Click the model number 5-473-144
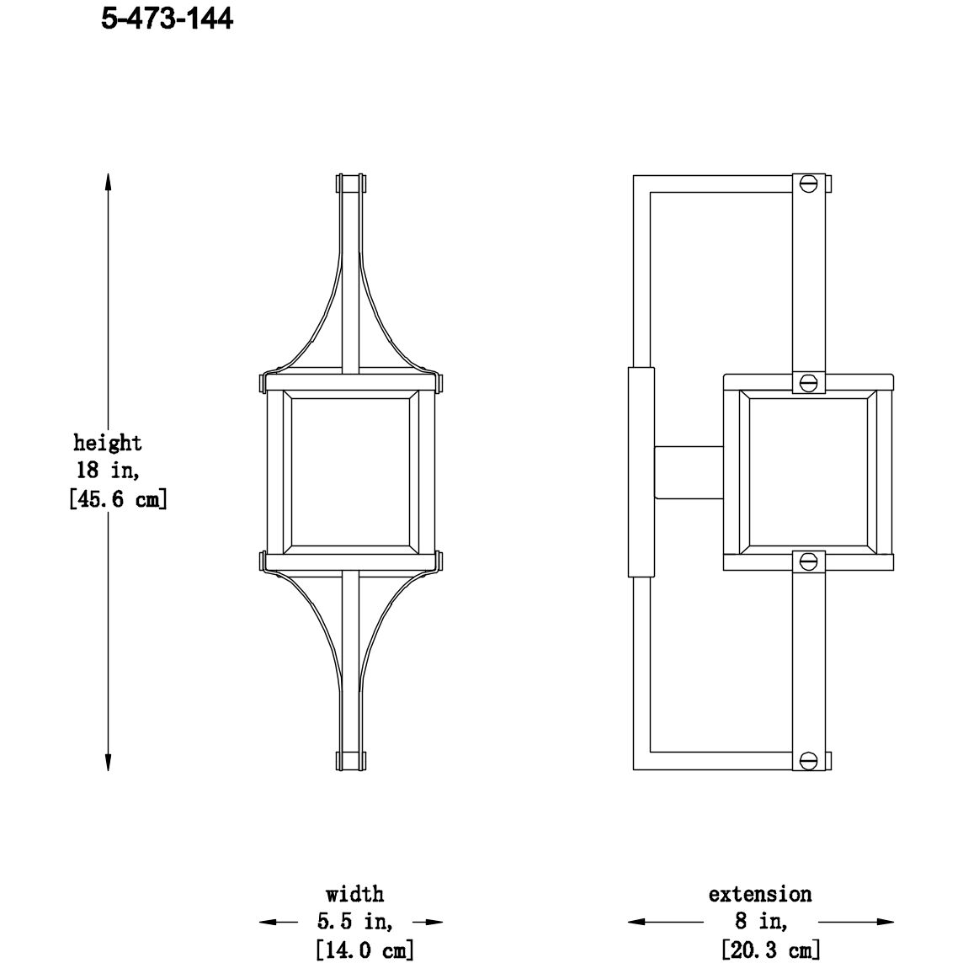167,19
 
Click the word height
107,443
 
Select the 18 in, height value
107,471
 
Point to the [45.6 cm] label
117,499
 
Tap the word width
354,893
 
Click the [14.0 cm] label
364,950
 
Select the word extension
759,893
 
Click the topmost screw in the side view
810,183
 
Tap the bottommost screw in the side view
810,760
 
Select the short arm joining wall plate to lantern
689,472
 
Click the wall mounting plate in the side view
641,472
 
